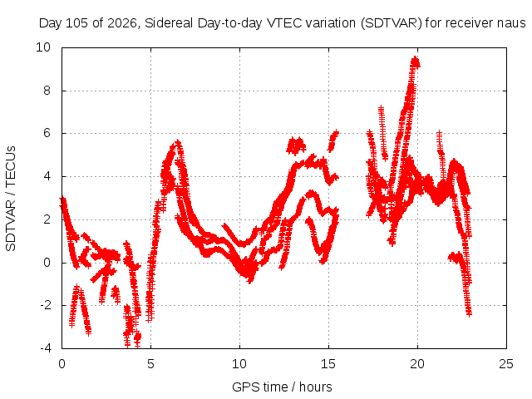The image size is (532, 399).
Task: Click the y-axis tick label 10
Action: [43, 47]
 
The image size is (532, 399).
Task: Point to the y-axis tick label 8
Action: [47, 91]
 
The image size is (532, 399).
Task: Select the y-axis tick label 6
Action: [47, 133]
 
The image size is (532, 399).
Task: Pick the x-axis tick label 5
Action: [150, 364]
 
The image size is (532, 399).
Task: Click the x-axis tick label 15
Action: [328, 364]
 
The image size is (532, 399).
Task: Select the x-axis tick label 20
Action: [417, 364]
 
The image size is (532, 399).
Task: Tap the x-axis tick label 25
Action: [506, 364]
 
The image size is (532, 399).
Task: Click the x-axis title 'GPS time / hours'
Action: [282, 387]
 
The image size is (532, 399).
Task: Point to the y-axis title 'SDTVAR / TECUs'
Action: [11, 199]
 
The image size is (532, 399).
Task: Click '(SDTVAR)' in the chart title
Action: [392, 23]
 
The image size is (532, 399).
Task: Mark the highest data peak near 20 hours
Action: [416, 61]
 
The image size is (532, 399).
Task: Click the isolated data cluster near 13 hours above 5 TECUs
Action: [296, 146]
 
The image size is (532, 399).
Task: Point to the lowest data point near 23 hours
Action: [469, 314]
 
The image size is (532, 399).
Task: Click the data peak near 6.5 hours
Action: [178, 142]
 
